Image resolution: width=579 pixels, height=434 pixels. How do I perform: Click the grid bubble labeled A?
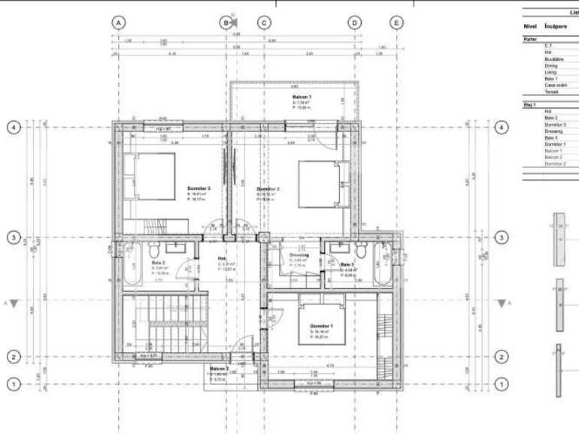point(118,23)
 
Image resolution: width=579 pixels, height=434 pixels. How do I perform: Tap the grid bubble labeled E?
point(396,23)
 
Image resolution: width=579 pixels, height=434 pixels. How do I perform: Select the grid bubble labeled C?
point(264,23)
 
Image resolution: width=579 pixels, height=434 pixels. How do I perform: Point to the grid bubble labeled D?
point(354,23)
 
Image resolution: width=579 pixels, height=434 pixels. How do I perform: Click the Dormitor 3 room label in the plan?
point(199,188)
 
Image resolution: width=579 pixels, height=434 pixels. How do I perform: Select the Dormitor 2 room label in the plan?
point(268,188)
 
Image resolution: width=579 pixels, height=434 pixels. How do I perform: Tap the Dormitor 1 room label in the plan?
point(321,325)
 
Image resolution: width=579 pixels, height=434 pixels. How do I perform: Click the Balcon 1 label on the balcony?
point(302,98)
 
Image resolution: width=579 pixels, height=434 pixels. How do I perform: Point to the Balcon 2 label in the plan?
point(219,369)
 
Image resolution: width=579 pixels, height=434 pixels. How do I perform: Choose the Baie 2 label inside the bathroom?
point(158,263)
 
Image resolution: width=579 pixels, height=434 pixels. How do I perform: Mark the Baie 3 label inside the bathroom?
point(347,264)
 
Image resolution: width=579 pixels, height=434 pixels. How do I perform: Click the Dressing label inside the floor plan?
point(299,255)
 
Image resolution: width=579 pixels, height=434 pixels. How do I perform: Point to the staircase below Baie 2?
point(163,322)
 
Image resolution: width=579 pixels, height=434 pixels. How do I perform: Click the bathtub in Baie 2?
point(130,264)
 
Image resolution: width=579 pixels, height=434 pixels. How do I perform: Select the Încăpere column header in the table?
point(556,26)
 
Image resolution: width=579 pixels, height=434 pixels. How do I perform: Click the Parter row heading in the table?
point(530,38)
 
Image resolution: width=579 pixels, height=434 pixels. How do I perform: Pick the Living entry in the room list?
point(551,72)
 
